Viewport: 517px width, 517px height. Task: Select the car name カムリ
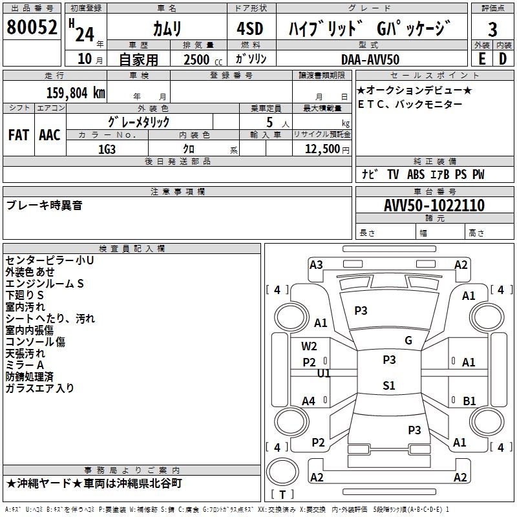[167, 28]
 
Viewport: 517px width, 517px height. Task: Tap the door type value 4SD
[251, 28]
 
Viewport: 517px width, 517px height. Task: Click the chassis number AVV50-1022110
[434, 206]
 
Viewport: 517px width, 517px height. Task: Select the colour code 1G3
[107, 148]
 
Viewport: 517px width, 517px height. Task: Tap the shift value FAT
[19, 134]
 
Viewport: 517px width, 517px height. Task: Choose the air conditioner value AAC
[50, 134]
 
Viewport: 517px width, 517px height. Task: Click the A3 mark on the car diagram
[316, 264]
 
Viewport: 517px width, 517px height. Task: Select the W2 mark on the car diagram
[309, 346]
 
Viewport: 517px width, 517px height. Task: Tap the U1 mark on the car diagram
[324, 374]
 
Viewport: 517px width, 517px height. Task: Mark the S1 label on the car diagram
[388, 386]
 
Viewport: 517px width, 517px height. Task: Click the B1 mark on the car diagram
[469, 401]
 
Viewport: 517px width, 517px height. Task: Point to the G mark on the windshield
[408, 341]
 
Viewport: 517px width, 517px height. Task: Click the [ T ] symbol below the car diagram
[282, 495]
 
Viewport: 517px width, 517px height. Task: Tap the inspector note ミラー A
[25, 364]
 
